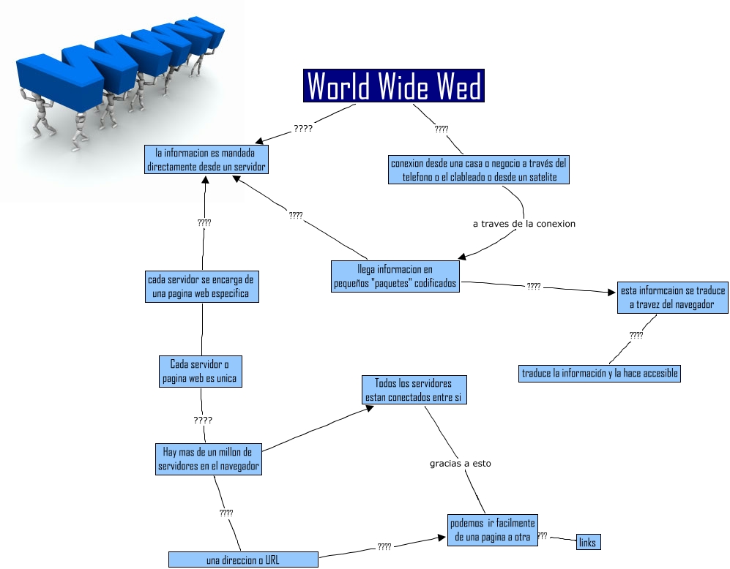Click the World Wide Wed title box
click(x=393, y=86)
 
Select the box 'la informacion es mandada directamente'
click(x=206, y=159)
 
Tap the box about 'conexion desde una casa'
click(x=479, y=170)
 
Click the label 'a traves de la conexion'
click(x=524, y=224)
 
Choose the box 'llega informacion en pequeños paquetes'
click(x=395, y=276)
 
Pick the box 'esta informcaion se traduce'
click(x=672, y=297)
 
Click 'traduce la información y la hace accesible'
click(x=599, y=373)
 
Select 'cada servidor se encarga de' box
click(x=201, y=286)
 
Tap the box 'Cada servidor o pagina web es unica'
click(x=199, y=372)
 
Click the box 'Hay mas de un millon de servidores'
click(x=208, y=458)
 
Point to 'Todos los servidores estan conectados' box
click(x=413, y=391)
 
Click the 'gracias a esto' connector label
click(x=460, y=463)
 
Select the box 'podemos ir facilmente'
click(x=492, y=530)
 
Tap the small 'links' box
click(x=587, y=542)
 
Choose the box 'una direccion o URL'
click(x=243, y=560)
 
